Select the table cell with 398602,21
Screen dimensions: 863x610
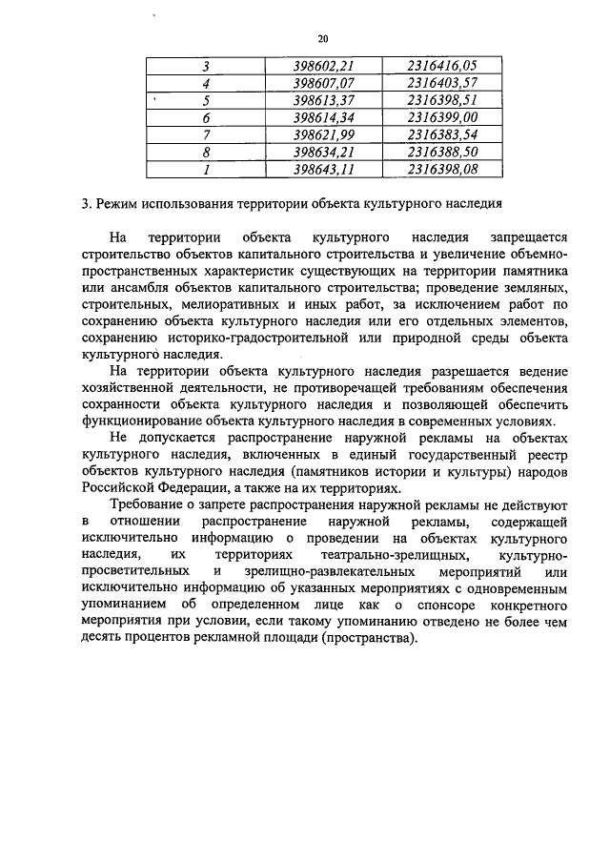point(324,66)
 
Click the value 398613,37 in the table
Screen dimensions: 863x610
point(324,100)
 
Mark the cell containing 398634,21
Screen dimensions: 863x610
point(324,152)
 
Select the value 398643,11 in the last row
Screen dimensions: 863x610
point(324,169)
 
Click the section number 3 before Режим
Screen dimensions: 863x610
point(86,204)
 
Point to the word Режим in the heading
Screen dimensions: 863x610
point(117,204)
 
